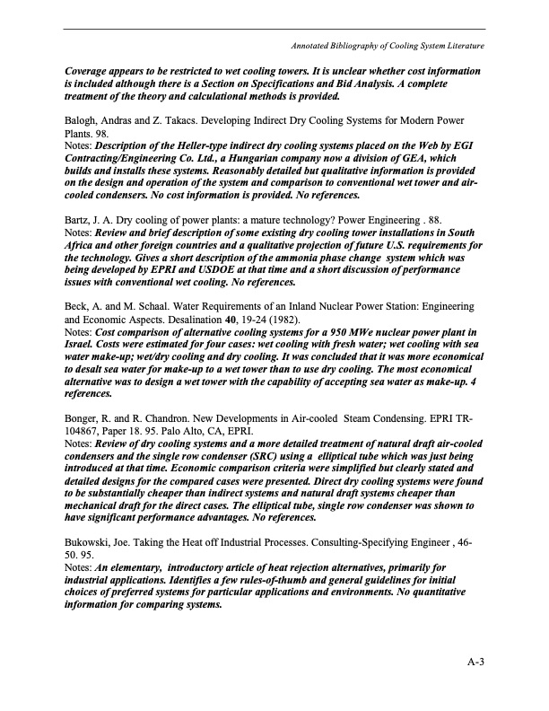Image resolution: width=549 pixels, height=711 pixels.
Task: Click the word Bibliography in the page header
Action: pos(370,45)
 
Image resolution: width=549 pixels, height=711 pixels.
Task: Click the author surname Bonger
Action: pos(83,420)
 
